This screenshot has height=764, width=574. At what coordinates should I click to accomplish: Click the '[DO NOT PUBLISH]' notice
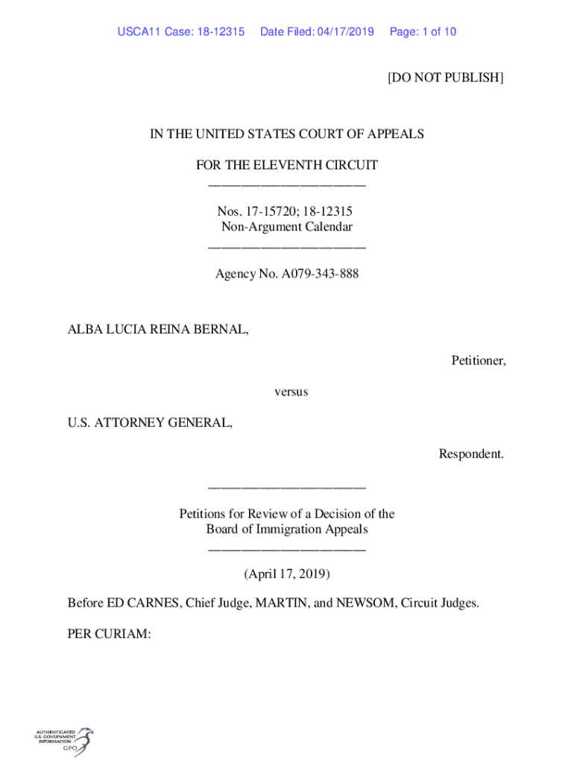[445, 77]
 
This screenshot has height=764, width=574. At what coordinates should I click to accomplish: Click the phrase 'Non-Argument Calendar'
[287, 227]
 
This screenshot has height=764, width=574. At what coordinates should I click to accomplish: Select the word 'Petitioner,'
[479, 360]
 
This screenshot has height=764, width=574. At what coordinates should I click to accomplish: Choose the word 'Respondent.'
[471, 454]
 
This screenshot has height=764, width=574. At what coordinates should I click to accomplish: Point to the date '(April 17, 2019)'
[287, 574]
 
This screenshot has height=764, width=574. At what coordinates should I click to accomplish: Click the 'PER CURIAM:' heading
[110, 634]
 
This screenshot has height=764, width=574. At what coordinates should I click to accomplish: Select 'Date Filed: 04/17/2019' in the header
[317, 32]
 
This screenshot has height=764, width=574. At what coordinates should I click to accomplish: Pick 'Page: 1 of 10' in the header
[423, 32]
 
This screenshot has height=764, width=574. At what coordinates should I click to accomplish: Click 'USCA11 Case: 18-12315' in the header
[181, 32]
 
